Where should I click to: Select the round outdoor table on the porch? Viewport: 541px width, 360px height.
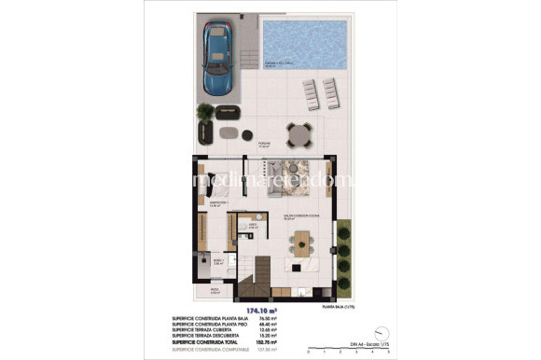[297, 135]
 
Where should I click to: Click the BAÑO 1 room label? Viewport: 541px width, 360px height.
[217, 261]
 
